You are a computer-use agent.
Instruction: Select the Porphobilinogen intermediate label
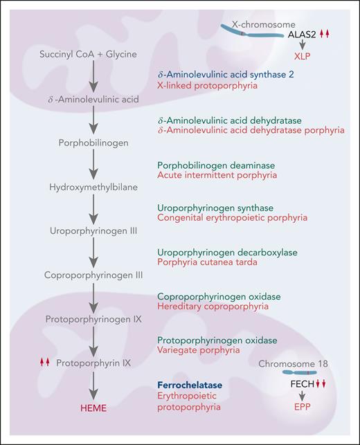coord(93,143)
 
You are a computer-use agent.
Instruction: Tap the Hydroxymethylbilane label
coord(93,186)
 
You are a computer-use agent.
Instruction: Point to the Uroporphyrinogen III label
coord(93,230)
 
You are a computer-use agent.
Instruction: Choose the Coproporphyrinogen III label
coord(93,275)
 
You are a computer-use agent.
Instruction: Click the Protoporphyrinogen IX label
coord(93,319)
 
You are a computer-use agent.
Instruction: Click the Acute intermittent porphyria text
coord(208,176)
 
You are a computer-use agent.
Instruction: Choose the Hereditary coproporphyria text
coord(206,307)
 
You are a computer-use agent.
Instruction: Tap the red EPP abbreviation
coord(303,419)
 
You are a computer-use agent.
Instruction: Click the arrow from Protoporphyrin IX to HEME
coord(93,385)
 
